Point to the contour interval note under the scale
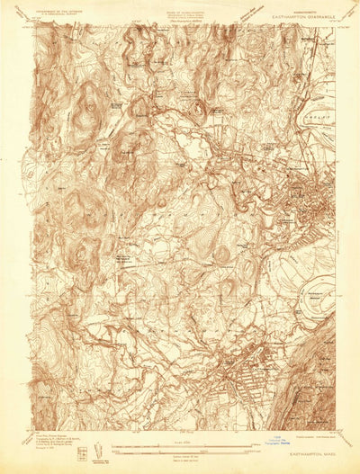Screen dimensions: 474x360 pyautogui.click(x=179, y=454)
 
